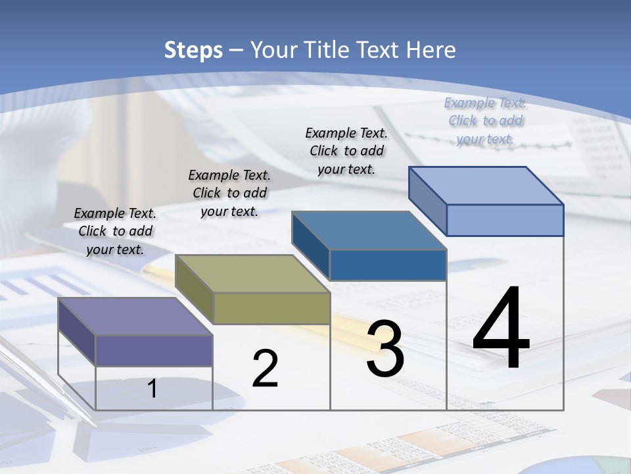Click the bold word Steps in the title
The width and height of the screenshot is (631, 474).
click(193, 50)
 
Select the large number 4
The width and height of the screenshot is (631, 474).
click(501, 329)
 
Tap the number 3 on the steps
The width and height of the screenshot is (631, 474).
click(385, 349)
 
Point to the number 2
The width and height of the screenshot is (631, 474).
click(265, 369)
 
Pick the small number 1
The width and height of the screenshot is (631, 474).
click(152, 388)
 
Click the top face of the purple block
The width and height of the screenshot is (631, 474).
click(135, 316)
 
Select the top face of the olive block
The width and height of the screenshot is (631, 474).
click(252, 273)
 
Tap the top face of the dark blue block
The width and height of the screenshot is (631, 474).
click(369, 230)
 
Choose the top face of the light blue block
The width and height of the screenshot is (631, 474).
click(486, 186)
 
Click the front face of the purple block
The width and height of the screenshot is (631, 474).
click(154, 351)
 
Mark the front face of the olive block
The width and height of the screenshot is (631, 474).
click(271, 308)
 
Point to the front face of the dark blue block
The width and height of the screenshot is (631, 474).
click(388, 265)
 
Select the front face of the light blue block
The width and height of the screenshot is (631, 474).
click(505, 220)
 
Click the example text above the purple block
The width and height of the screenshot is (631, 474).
click(115, 231)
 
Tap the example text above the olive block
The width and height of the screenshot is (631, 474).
click(229, 193)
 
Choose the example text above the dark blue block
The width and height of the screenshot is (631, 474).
click(346, 151)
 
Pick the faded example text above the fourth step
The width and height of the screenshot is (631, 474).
click(485, 120)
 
